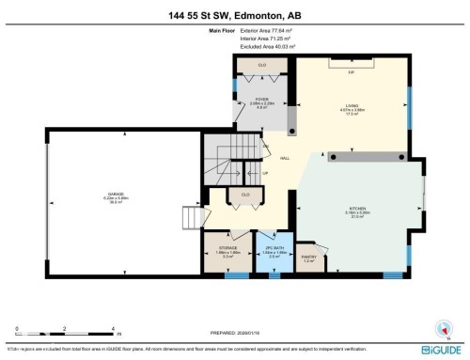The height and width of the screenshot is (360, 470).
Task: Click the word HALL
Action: (x=284, y=158)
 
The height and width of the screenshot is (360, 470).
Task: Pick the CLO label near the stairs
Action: (x=245, y=195)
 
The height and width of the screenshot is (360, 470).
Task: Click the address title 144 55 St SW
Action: (x=235, y=11)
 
